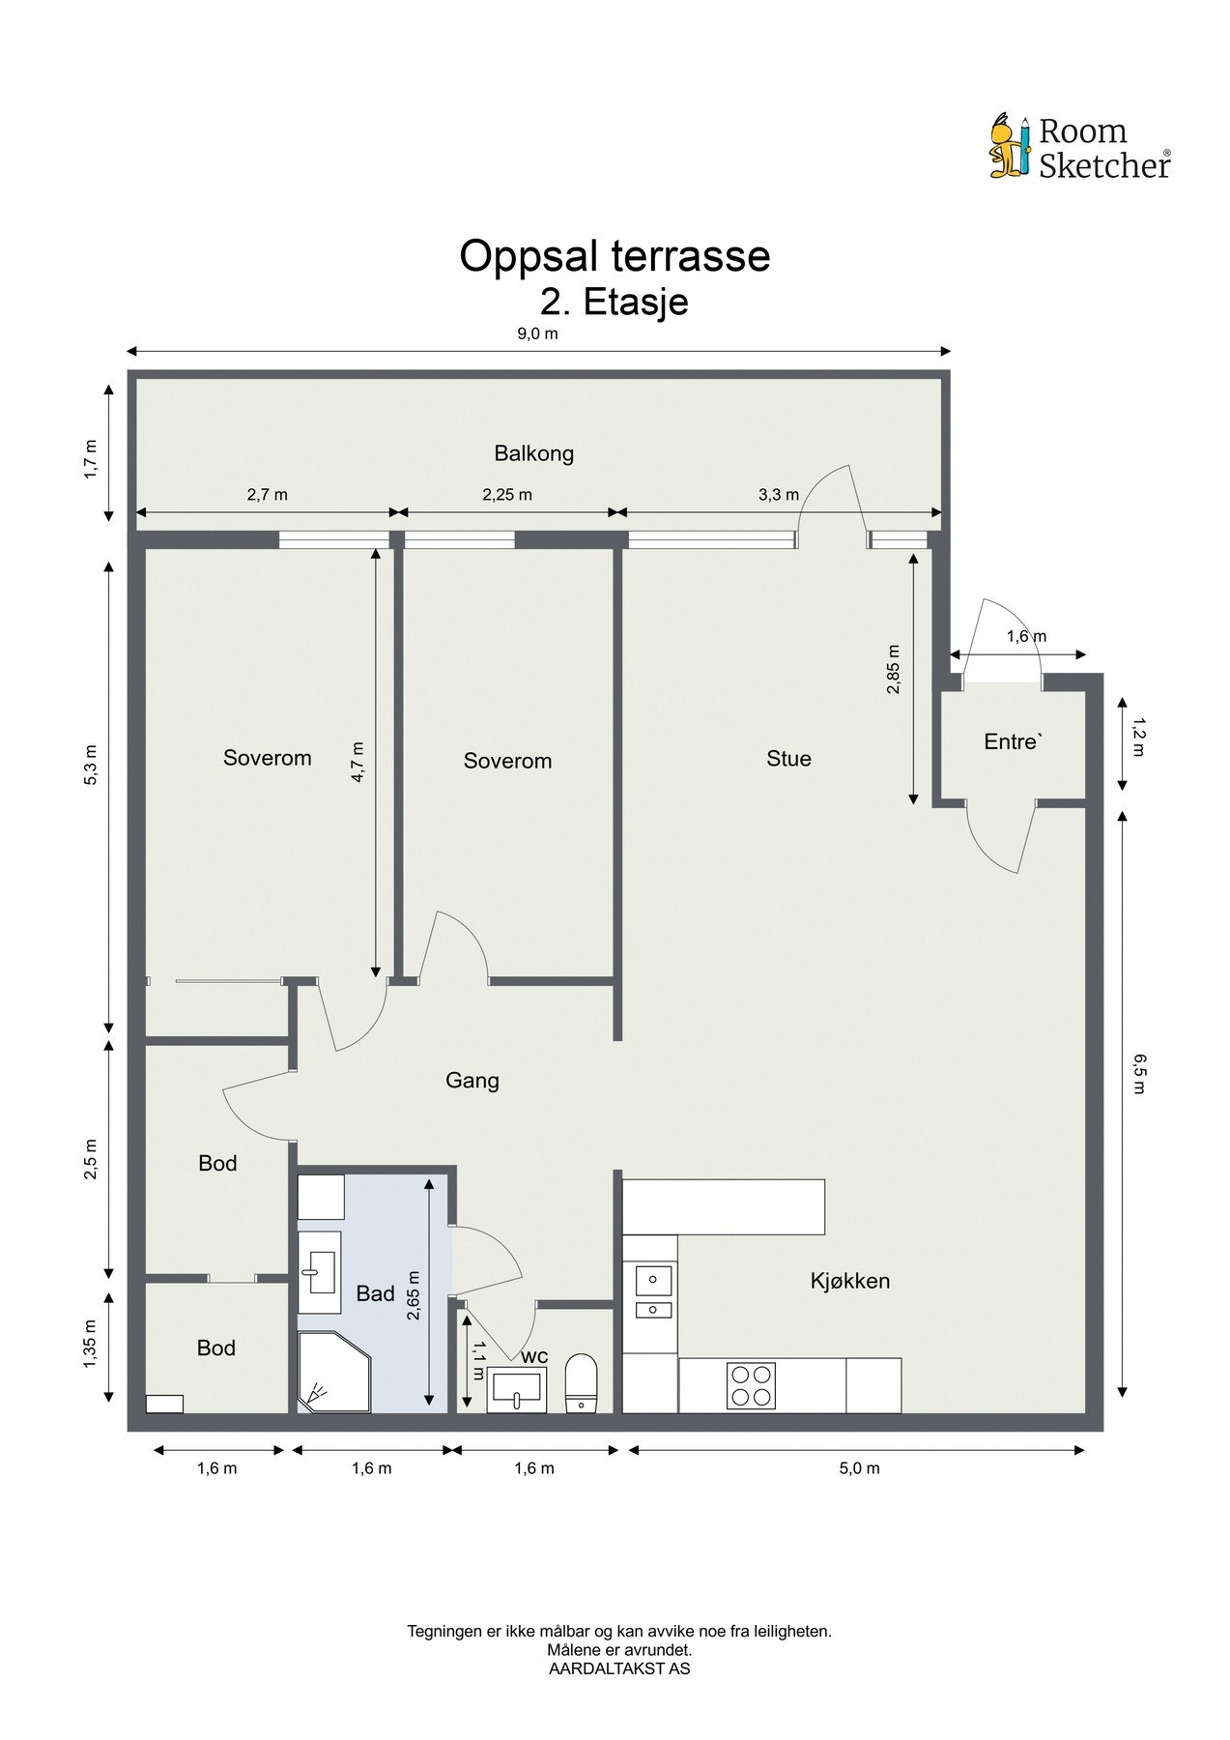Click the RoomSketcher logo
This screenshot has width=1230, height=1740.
1080,148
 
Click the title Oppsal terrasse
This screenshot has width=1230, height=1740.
615,256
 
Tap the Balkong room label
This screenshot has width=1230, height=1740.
533,453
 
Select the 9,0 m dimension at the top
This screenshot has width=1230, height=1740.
538,334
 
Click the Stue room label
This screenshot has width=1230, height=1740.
788,759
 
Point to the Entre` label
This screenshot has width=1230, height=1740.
1013,741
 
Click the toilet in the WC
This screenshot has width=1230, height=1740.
581,1382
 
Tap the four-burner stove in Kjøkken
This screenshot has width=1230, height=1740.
751,1385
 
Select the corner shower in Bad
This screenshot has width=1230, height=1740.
333,1372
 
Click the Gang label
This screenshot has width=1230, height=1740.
472,1080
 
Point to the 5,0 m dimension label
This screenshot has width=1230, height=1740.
859,1468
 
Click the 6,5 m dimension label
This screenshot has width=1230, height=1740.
1137,1074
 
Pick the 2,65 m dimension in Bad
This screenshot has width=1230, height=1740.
414,1293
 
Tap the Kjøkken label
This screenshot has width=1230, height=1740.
849,1281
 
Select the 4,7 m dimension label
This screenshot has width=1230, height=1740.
358,761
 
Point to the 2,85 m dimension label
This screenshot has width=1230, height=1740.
893,669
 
